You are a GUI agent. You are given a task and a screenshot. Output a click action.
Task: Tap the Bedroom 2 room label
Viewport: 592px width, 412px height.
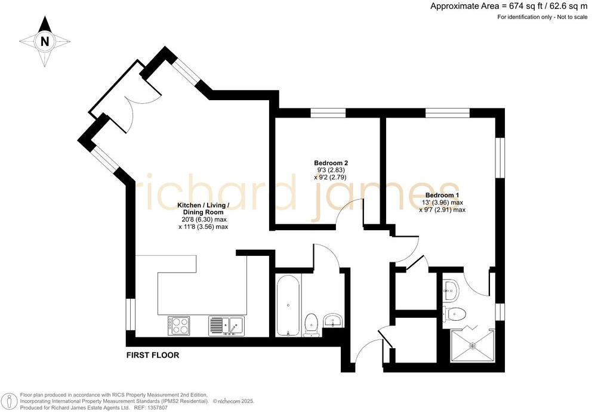pos(331,163)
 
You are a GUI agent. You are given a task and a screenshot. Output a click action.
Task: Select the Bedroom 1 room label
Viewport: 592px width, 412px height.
pos(442,195)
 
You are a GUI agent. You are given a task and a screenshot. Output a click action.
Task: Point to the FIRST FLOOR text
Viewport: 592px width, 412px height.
pos(152,355)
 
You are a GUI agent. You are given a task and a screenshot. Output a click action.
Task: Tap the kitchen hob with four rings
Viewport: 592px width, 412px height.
pos(178,325)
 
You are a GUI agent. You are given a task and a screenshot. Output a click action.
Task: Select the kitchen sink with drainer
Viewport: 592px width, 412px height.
pos(226,326)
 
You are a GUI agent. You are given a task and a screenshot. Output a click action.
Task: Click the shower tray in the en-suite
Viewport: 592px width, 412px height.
pos(473,345)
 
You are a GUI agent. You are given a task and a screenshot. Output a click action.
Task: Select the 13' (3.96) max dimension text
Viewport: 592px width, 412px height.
pos(441,203)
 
